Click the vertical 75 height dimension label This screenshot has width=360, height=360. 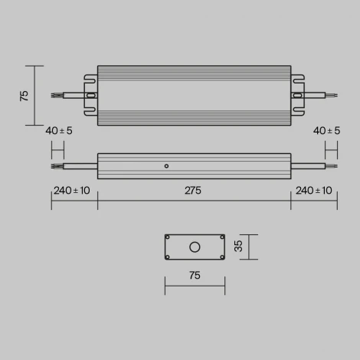click(x=24, y=96)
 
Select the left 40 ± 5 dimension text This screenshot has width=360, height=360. click(x=59, y=131)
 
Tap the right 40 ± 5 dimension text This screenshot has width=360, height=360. click(x=327, y=131)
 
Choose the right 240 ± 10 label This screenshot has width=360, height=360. click(x=314, y=191)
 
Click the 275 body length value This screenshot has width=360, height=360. click(x=193, y=191)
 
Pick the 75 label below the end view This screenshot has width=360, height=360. click(x=195, y=274)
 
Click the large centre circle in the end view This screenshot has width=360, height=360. click(x=195, y=247)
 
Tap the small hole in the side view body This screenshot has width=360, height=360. click(x=166, y=165)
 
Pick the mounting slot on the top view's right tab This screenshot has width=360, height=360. click(x=296, y=96)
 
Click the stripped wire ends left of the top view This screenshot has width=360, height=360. click(x=56, y=96)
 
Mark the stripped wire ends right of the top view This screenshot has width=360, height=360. click(x=331, y=96)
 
